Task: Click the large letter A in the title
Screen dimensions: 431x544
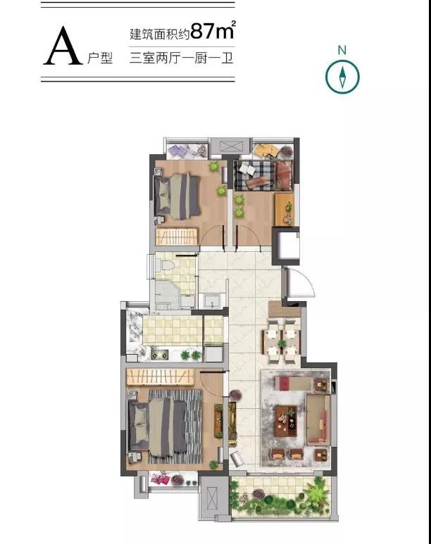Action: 63,46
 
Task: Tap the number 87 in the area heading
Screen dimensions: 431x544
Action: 203,30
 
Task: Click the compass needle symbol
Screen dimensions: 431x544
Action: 342,77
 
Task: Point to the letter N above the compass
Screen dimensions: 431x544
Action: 342,50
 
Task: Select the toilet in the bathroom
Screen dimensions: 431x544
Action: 166,265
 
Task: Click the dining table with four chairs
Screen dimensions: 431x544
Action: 281,342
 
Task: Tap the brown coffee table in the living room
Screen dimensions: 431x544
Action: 286,420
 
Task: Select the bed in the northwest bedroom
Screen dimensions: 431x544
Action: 177,196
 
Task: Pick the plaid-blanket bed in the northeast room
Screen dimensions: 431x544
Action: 263,175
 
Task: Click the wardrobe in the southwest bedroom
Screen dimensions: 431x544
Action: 160,377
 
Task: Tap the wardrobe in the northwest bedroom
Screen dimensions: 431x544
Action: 177,236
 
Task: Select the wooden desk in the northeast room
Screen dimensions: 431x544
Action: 285,209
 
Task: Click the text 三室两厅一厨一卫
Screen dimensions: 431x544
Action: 181,58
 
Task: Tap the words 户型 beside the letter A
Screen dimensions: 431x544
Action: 100,58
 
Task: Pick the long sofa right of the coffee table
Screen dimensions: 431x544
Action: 318,420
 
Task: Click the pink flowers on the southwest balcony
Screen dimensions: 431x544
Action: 161,479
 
